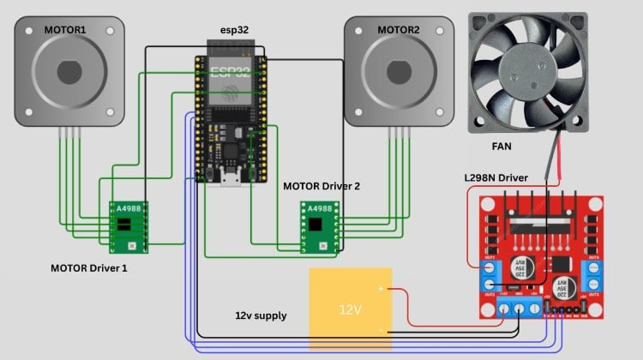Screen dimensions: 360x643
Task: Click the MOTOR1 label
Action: (x=65, y=30)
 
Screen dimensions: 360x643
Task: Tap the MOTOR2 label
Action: (x=399, y=30)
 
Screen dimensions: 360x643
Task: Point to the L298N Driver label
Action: (x=496, y=177)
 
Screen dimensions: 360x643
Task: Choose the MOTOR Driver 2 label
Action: (x=321, y=185)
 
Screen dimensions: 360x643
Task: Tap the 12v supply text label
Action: (x=261, y=316)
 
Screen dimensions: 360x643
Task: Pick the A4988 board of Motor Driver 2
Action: (x=319, y=225)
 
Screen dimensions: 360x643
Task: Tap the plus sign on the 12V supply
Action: (x=380, y=290)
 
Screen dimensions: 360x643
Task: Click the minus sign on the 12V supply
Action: (x=380, y=327)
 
